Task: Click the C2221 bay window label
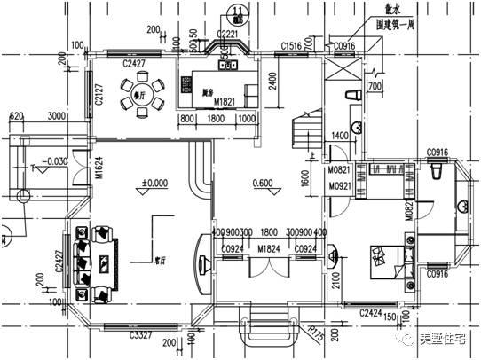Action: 227,35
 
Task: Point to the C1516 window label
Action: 291,44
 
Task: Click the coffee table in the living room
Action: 106,262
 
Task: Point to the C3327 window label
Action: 140,335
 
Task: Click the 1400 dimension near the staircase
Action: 341,136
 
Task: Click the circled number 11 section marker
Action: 238,12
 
